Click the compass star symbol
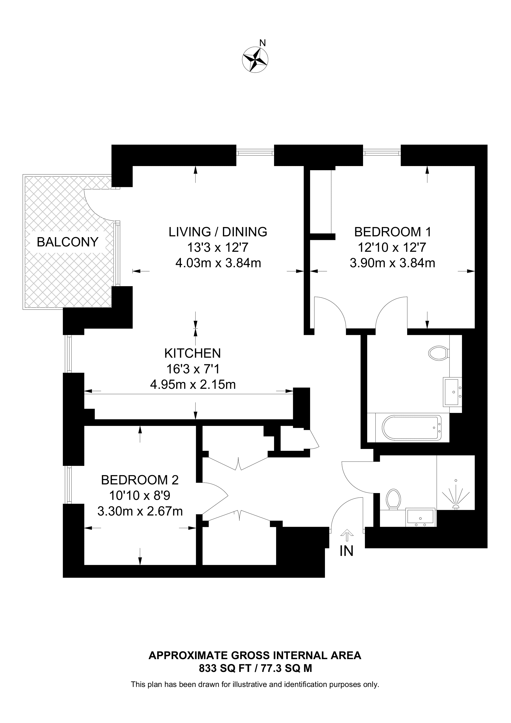(255, 59)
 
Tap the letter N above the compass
(262, 43)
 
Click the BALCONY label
(68, 242)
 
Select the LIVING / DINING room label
(218, 232)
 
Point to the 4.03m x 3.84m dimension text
(218, 263)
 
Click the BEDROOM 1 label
(392, 232)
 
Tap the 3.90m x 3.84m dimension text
(392, 263)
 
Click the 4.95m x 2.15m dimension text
(193, 384)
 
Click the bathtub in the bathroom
(412, 428)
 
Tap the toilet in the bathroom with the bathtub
(439, 353)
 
